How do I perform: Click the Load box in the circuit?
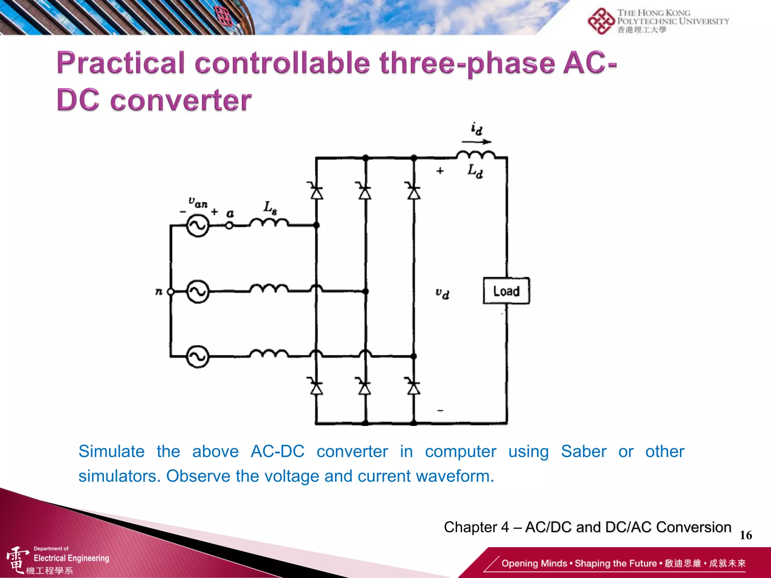(x=506, y=291)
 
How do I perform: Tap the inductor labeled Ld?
(x=476, y=155)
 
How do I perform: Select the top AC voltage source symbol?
(x=198, y=225)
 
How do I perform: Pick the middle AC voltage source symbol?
(x=198, y=292)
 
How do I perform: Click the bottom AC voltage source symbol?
(x=198, y=356)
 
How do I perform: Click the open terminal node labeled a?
(x=229, y=226)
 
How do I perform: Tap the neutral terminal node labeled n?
(x=170, y=292)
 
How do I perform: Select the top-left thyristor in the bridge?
(x=317, y=192)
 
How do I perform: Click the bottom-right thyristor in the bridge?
(x=414, y=386)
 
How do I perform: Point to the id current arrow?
(x=476, y=142)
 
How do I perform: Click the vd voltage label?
(x=442, y=293)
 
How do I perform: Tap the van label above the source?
(x=198, y=202)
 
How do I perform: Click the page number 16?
(x=746, y=535)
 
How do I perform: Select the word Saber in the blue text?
(x=584, y=451)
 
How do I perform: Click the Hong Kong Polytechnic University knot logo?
(x=601, y=21)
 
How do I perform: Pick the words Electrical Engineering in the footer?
(x=72, y=558)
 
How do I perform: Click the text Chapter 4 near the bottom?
(x=476, y=527)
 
